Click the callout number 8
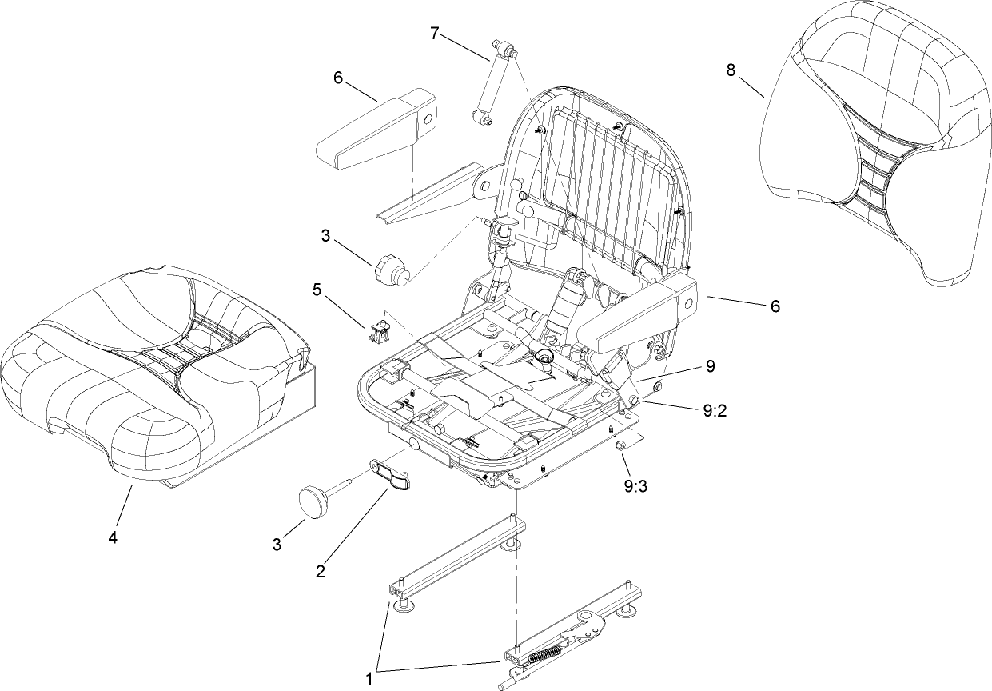(731, 70)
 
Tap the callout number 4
(113, 538)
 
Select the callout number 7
(435, 33)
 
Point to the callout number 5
(317, 290)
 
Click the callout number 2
(320, 571)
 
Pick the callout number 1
(369, 678)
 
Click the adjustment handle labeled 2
(391, 473)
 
